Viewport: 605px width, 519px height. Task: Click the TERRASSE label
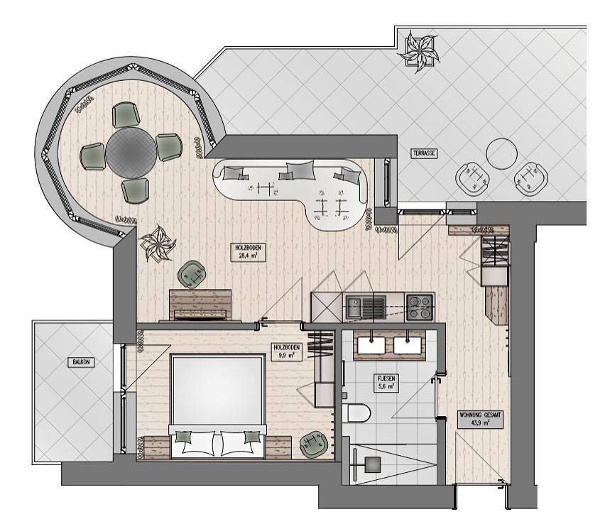tap(424, 153)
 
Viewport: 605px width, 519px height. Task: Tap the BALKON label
tap(80, 362)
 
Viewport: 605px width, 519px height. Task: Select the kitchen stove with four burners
tap(420, 307)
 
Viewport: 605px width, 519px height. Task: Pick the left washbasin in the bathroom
tap(372, 344)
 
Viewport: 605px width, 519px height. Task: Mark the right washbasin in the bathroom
tap(408, 344)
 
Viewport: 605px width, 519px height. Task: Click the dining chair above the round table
tap(127, 114)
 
